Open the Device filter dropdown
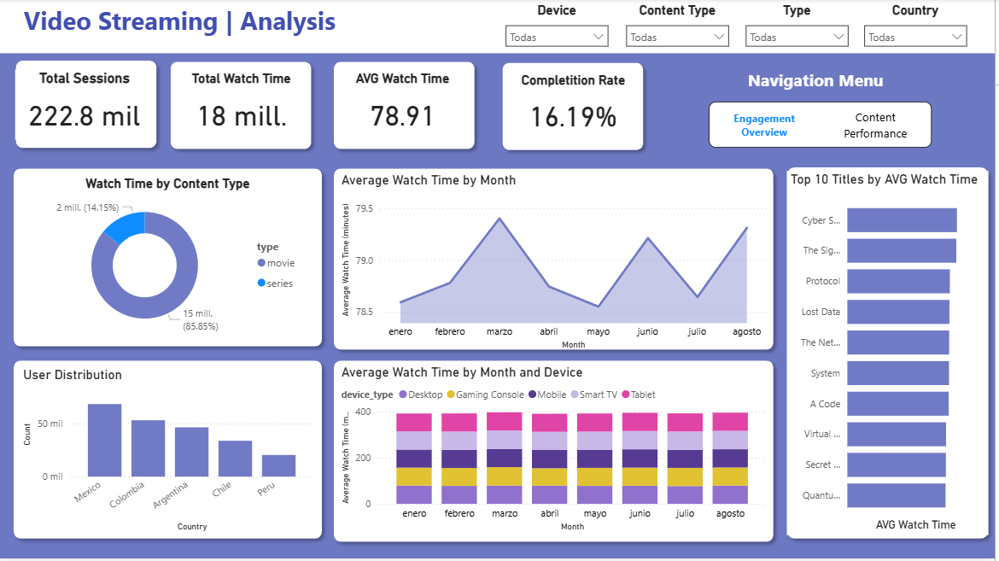click(556, 37)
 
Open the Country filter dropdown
click(914, 37)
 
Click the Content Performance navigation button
click(875, 126)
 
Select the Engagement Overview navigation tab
click(764, 126)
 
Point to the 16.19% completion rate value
click(573, 118)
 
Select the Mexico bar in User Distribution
click(104, 440)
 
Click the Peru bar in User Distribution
click(278, 465)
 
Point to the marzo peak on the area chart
click(499, 219)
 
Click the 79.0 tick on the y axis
click(364, 260)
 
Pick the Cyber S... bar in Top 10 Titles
click(902, 220)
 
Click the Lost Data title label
click(821, 313)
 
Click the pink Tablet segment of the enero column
click(414, 422)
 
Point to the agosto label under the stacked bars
click(729, 514)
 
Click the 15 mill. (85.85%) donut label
click(202, 320)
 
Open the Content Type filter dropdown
click(676, 37)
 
